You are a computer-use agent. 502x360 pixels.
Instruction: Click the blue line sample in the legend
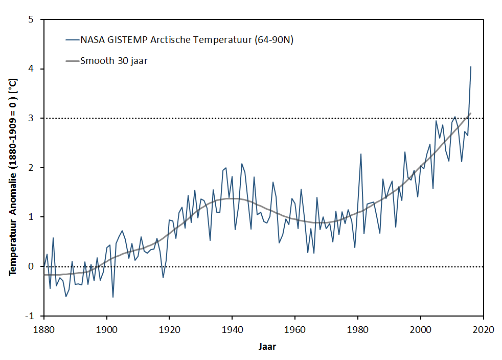point(71,40)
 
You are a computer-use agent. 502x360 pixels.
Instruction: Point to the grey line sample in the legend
point(71,61)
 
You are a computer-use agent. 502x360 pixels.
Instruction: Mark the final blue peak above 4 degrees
point(471,66)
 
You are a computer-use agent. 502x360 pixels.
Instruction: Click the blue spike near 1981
point(361,154)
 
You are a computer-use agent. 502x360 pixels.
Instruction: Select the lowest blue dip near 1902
point(113,297)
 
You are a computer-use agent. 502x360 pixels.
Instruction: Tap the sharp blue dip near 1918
point(163,278)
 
